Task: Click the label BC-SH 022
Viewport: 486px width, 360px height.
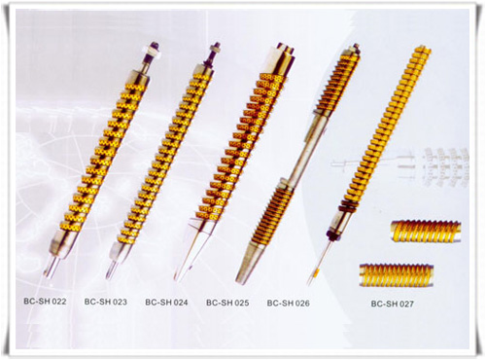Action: (45, 302)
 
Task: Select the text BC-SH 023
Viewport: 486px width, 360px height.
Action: (106, 302)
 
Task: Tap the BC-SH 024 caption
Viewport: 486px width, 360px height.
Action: (166, 303)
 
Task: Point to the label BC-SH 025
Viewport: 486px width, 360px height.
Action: (227, 303)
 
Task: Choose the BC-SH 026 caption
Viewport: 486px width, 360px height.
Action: (289, 303)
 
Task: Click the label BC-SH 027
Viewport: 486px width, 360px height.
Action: (393, 304)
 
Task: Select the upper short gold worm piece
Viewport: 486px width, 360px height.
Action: (426, 231)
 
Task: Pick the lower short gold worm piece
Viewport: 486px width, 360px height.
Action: (397, 275)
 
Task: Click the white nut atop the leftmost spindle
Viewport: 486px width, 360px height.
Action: (153, 50)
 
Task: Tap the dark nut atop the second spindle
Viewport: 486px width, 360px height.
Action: (215, 50)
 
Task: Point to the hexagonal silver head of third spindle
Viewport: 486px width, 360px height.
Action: (280, 59)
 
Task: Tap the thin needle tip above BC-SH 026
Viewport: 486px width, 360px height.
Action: (315, 270)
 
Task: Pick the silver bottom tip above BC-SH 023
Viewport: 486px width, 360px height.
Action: (116, 262)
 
